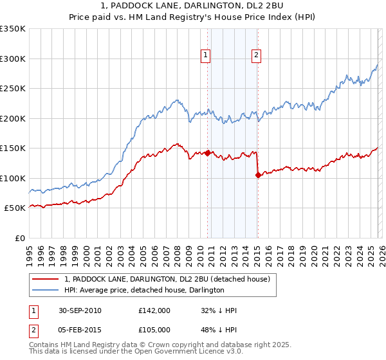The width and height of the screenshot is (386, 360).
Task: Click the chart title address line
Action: pyautogui.click(x=192, y=6)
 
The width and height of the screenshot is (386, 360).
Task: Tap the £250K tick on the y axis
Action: pyautogui.click(x=13, y=89)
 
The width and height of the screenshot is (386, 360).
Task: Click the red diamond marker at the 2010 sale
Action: pyautogui.click(x=208, y=153)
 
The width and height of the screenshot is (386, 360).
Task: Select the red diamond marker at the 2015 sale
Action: pyautogui.click(x=257, y=175)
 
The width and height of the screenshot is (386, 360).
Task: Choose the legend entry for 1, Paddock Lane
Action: pyautogui.click(x=170, y=279)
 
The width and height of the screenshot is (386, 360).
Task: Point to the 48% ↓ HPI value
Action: pyautogui.click(x=219, y=330)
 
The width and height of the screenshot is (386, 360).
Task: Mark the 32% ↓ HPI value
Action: pyautogui.click(x=219, y=310)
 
